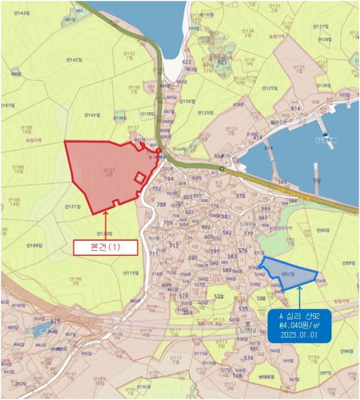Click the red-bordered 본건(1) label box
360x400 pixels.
[105, 247]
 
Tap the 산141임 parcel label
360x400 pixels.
[92, 115]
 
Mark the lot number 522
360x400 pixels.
[218, 297]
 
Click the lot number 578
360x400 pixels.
[241, 196]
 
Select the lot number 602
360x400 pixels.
[206, 227]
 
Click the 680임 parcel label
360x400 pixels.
[15, 74]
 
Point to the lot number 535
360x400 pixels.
[243, 309]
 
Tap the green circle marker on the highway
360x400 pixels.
[222, 169]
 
